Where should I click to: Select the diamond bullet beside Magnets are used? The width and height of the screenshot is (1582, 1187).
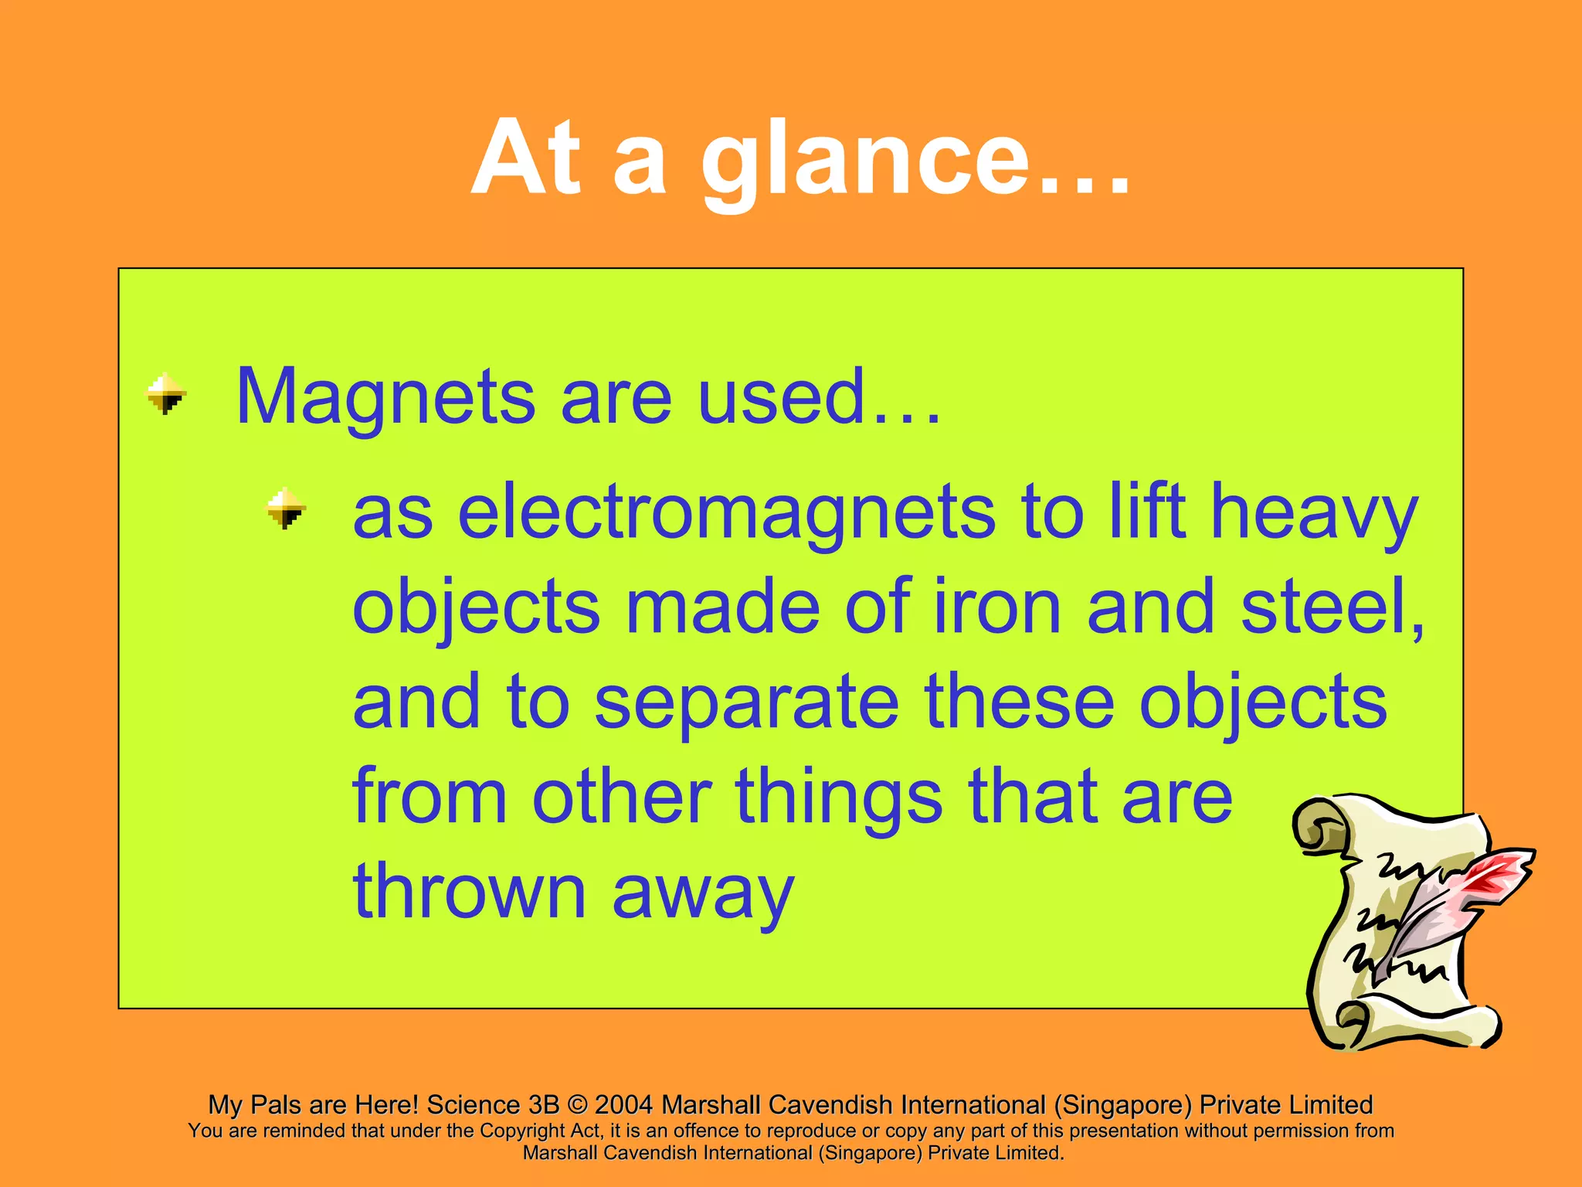(x=166, y=394)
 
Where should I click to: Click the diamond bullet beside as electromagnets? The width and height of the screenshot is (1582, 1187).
(x=287, y=508)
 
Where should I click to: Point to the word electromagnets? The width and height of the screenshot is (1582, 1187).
(x=725, y=512)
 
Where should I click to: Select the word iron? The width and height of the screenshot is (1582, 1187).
(x=997, y=607)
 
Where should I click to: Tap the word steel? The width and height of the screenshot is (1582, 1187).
(x=1329, y=607)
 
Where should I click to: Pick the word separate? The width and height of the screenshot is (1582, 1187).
(x=746, y=702)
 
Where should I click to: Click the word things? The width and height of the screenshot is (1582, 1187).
(x=838, y=797)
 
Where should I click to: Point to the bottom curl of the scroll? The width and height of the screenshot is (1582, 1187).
(x=1360, y=1028)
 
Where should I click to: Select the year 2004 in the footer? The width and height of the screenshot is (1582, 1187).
(x=623, y=1105)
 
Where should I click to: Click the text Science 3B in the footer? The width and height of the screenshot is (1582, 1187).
(x=492, y=1105)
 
